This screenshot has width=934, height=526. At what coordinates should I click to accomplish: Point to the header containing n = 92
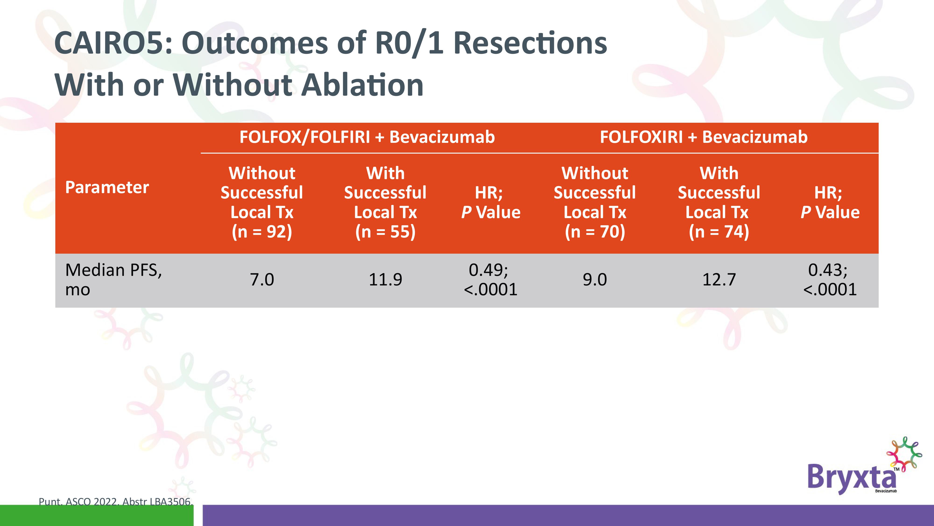262,202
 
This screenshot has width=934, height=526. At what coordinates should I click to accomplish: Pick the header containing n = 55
385,202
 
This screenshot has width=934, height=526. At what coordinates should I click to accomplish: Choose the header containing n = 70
595,202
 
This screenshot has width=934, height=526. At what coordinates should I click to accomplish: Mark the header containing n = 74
719,202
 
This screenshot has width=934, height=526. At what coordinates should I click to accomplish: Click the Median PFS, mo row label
113,280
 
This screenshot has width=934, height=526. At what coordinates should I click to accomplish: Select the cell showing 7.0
262,280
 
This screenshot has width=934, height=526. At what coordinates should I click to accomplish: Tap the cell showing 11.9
385,280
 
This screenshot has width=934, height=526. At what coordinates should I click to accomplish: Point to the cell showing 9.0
595,280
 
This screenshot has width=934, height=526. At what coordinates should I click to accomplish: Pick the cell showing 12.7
719,280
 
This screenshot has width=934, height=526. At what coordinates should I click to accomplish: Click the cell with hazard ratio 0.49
490,280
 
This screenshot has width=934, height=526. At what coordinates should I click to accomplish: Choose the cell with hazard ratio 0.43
830,280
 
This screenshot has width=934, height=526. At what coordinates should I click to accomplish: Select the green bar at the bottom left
97,515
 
